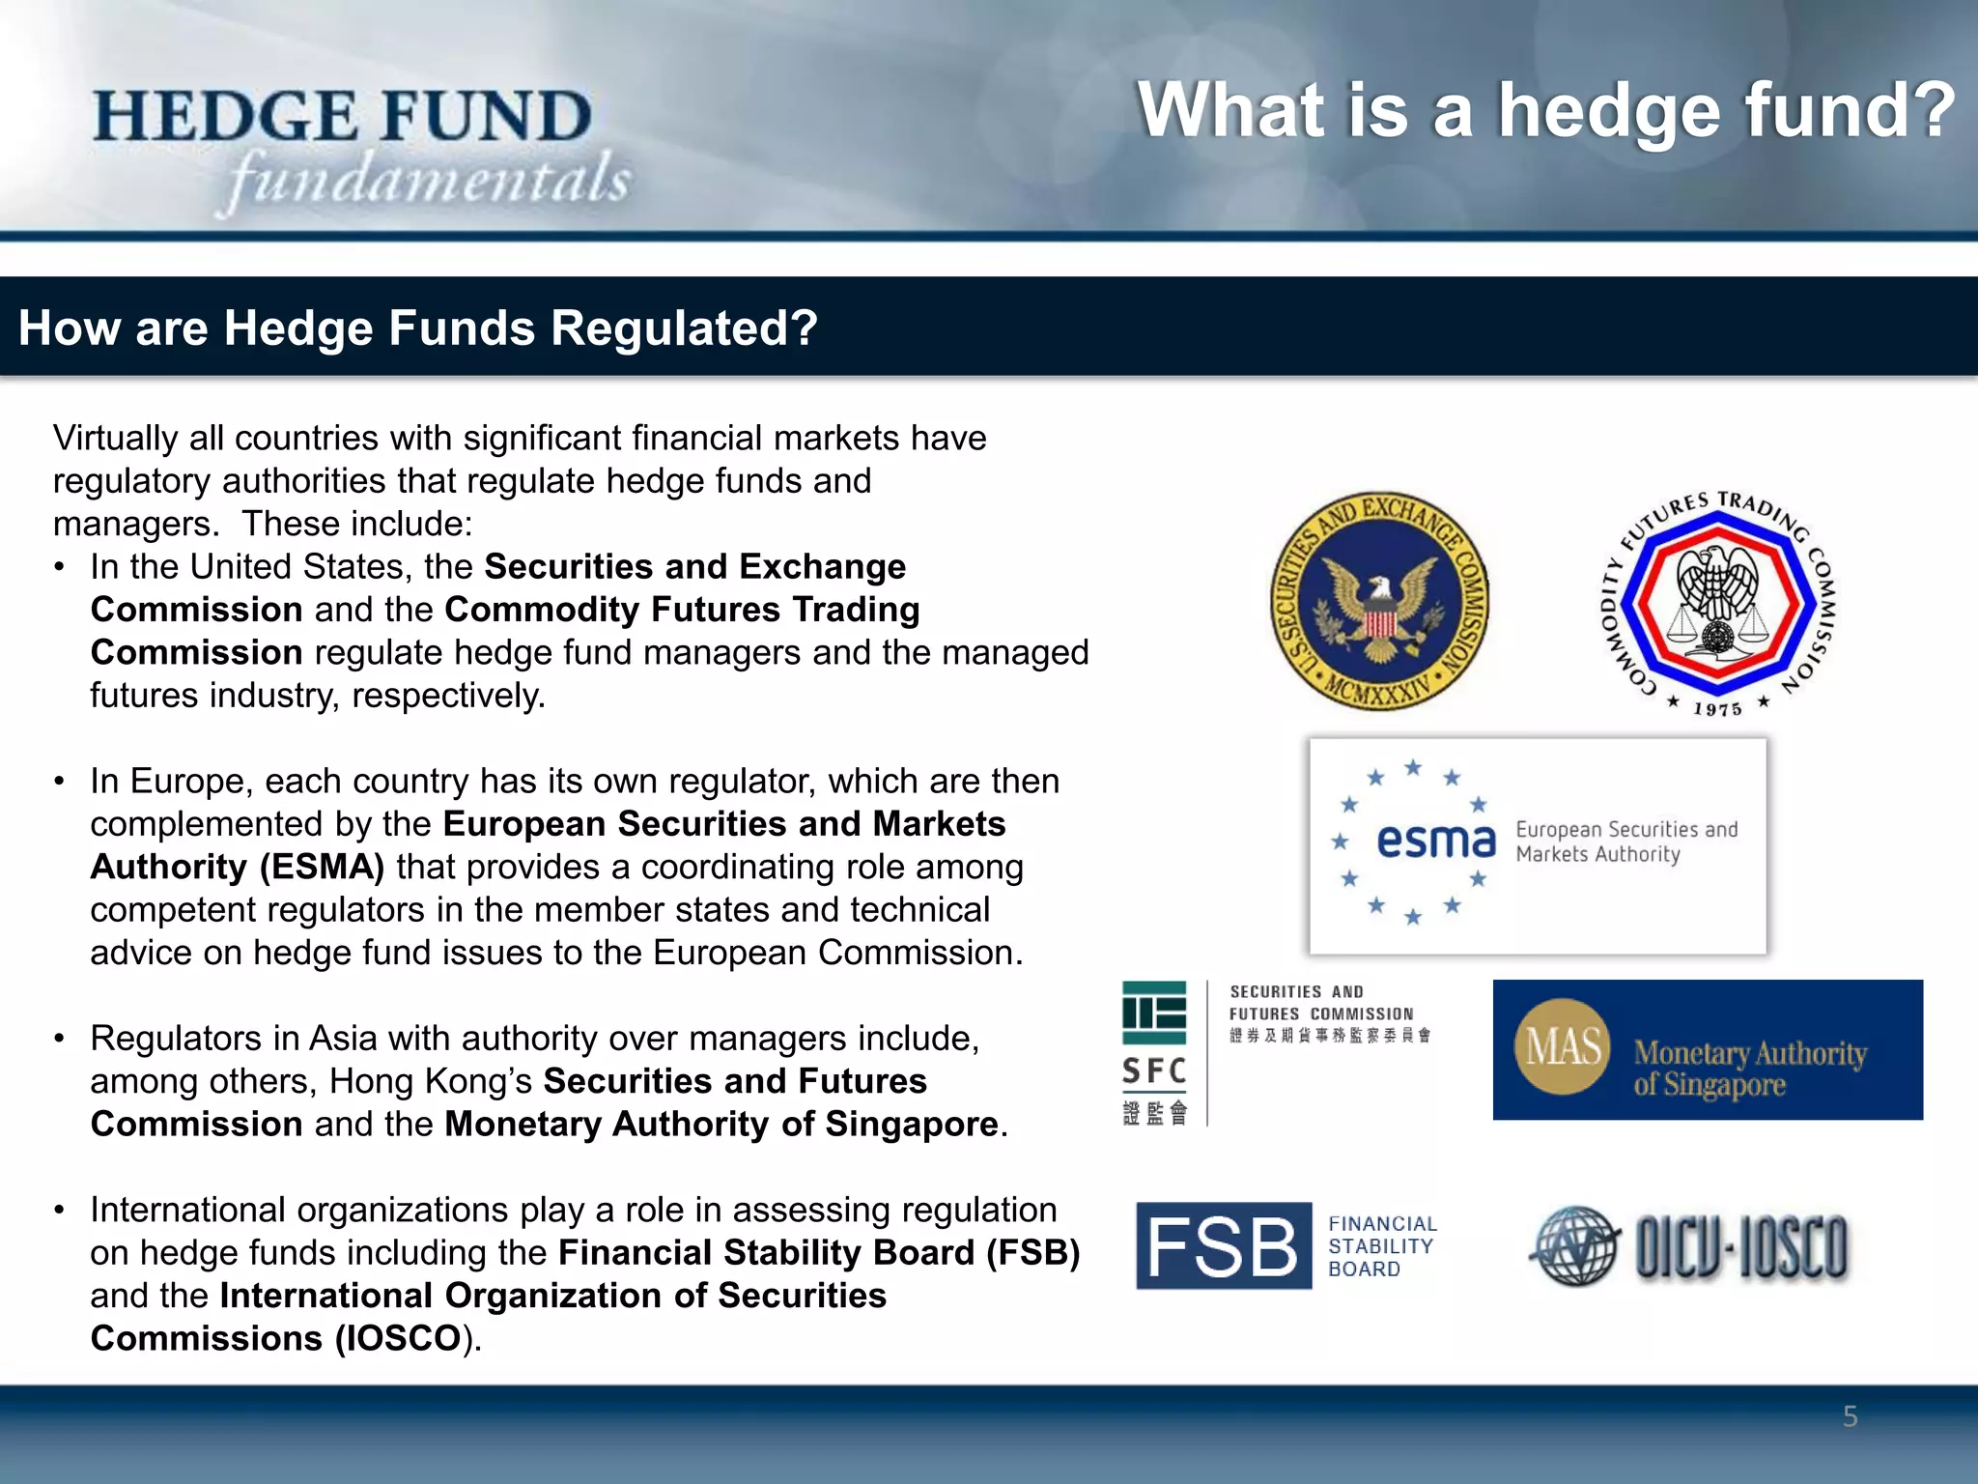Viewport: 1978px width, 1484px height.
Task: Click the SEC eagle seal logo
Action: click(1379, 601)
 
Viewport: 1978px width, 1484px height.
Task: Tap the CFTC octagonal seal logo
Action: click(1717, 603)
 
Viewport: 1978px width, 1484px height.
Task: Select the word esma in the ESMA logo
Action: click(1435, 841)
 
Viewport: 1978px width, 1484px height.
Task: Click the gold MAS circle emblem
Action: click(1563, 1047)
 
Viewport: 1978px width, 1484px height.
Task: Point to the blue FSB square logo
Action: click(1223, 1245)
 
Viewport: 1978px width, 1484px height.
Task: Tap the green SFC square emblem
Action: click(1154, 1013)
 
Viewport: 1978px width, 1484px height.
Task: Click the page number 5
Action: click(1850, 1416)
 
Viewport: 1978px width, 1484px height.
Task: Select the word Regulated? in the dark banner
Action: click(685, 328)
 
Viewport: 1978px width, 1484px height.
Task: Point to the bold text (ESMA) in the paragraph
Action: click(322, 867)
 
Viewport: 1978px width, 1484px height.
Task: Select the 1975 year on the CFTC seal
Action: click(1717, 709)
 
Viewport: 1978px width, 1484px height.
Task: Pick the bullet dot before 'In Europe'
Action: click(60, 782)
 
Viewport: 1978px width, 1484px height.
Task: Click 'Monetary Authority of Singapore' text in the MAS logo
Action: click(1749, 1068)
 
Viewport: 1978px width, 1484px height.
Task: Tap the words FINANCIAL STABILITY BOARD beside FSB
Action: click(1381, 1246)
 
